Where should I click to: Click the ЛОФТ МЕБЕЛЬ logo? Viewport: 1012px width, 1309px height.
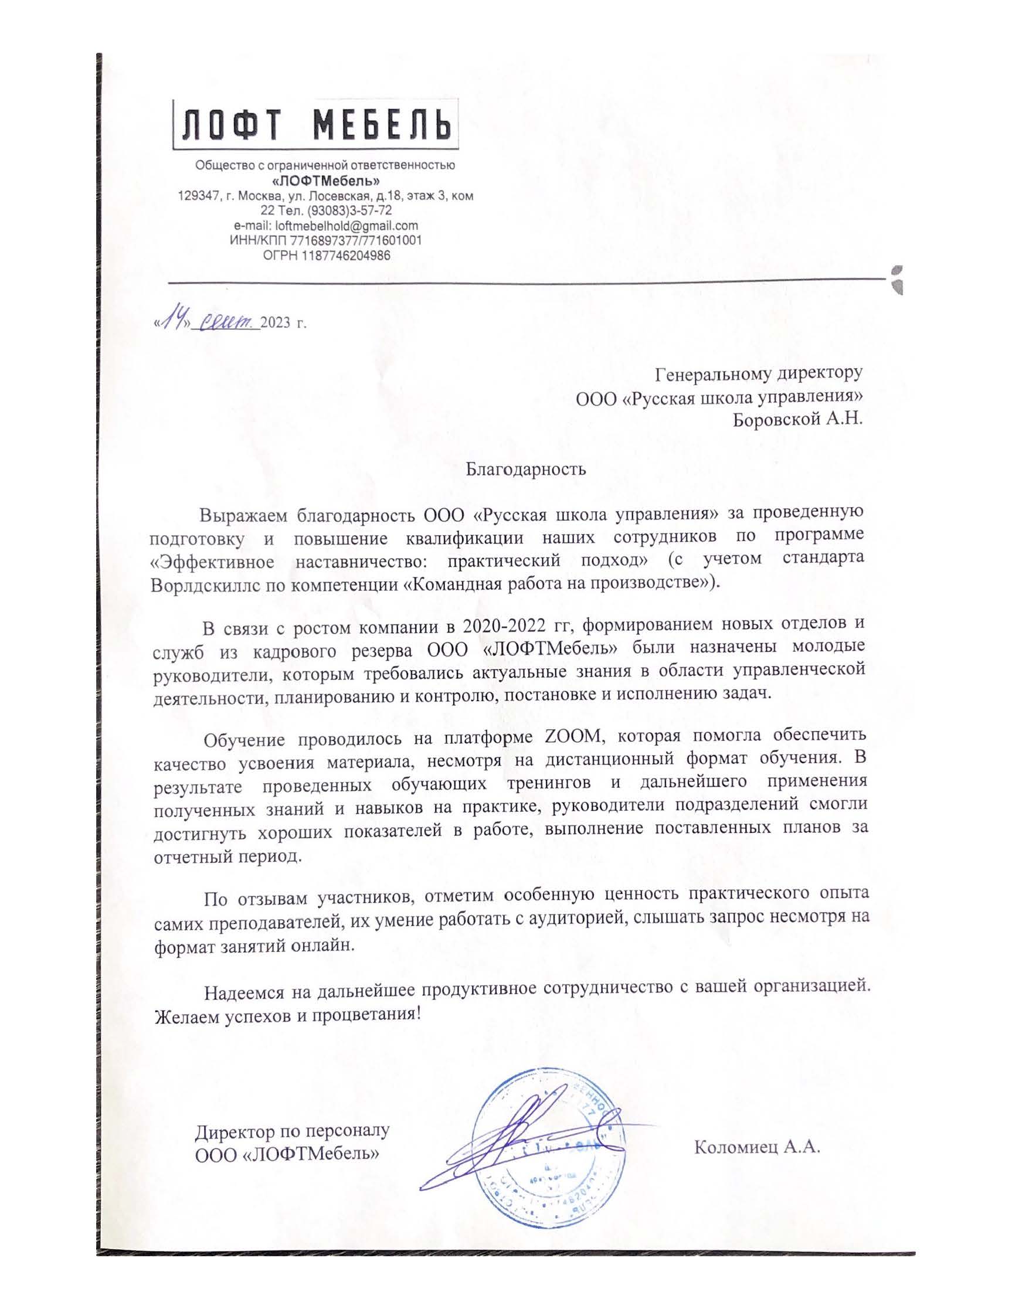click(x=316, y=124)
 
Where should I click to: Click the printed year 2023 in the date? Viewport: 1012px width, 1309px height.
click(x=275, y=324)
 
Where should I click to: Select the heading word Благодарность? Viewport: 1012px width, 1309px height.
click(x=526, y=469)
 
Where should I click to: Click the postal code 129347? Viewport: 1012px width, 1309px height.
click(x=198, y=196)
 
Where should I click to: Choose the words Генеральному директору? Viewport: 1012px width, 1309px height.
click(x=758, y=374)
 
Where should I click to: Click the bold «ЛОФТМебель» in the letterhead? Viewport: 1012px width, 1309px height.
click(x=326, y=181)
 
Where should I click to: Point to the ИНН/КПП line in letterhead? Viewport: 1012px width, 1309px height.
click(x=325, y=240)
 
